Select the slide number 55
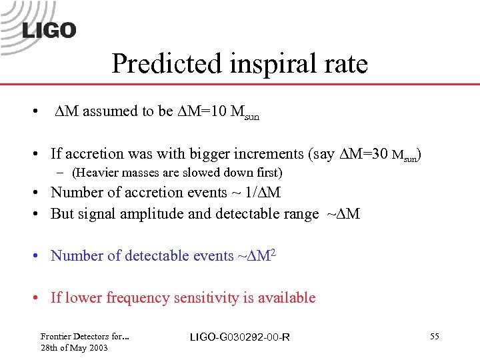coord(434,337)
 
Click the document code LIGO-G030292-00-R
coord(239,337)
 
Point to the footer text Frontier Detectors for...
coord(84,337)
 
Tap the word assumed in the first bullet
coord(110,111)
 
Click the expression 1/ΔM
coord(265,193)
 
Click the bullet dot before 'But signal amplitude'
coord(41,215)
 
